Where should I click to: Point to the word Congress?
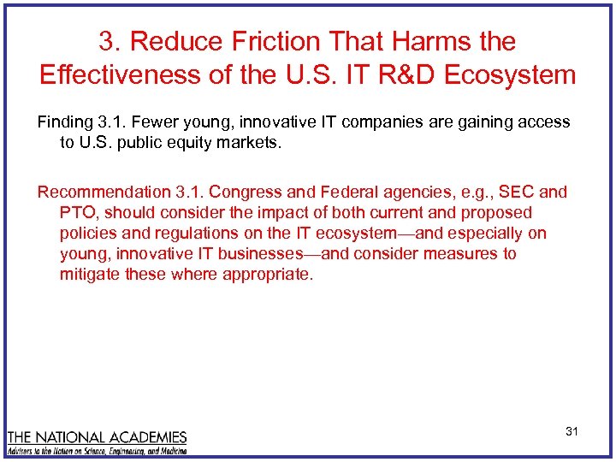pos(245,192)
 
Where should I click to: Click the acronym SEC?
pos(517,192)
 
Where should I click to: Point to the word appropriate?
pos(267,275)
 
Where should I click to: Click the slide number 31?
pos(572,431)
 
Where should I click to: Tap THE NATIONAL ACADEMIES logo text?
pos(97,437)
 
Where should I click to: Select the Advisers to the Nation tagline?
pos(97,450)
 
